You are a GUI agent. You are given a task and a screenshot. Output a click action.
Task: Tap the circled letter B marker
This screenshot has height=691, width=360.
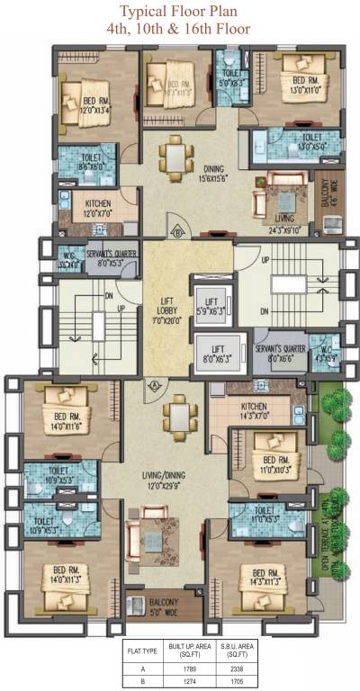179,231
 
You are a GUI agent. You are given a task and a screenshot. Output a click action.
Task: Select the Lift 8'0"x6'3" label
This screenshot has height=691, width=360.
215,353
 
